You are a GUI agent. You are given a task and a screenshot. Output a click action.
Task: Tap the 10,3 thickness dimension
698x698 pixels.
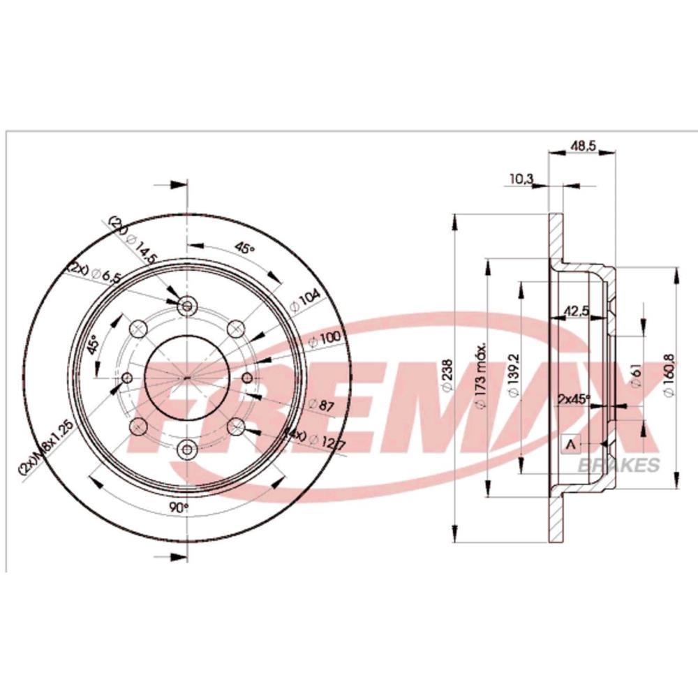pos(521,179)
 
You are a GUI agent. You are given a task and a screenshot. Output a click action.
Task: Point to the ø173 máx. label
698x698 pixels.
pos(480,377)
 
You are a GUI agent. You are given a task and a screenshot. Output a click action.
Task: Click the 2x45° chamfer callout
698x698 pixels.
pos(574,399)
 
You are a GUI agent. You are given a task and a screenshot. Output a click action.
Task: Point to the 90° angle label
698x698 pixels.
pos(179,507)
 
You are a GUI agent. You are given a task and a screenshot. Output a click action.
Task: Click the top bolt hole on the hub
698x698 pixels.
pos(187,306)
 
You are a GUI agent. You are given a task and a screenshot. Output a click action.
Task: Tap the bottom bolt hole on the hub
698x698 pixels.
pos(187,449)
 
